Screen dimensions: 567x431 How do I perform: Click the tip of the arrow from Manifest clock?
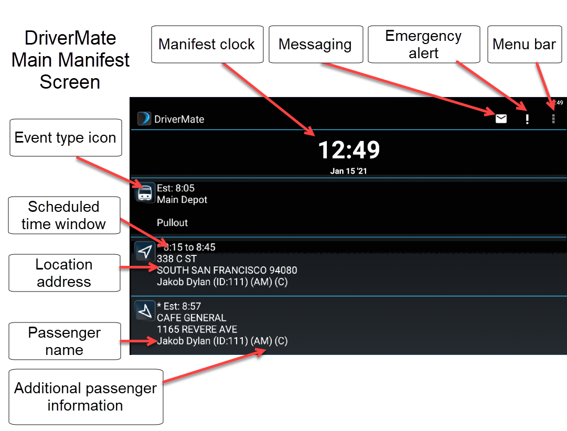click(315, 136)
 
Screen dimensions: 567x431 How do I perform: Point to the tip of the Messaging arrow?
click(495, 115)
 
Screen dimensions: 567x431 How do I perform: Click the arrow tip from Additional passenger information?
click(266, 349)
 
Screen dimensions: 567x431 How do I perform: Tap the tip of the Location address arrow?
click(158, 267)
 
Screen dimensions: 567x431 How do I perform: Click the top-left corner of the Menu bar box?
click(488, 26)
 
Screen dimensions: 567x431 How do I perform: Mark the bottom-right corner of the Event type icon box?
click(122, 156)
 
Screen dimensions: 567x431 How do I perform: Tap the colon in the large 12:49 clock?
click(349, 150)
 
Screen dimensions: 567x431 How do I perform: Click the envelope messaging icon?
click(501, 118)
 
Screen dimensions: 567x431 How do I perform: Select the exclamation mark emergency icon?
click(527, 119)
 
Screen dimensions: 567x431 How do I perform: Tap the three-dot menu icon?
click(553, 119)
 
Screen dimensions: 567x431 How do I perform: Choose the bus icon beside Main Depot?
click(145, 193)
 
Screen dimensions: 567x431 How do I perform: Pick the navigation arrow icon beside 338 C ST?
click(145, 251)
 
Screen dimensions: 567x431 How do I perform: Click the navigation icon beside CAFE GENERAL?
click(145, 310)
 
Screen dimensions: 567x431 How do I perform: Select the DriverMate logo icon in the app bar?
click(144, 118)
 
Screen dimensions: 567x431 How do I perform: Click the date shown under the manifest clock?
click(349, 171)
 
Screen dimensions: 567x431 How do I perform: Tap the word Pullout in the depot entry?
click(172, 223)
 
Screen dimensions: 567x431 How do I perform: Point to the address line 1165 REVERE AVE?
click(197, 329)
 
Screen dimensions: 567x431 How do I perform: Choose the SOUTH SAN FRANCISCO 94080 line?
click(227, 271)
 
